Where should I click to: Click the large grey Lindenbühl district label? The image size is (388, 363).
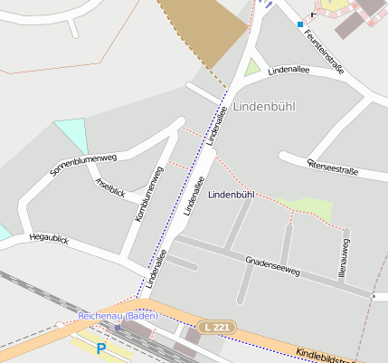pyautogui.click(x=264, y=107)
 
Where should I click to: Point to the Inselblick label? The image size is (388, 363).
pyautogui.click(x=109, y=187)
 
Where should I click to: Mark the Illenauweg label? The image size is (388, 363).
pyautogui.click(x=345, y=256)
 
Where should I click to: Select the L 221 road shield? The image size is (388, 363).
pyautogui.click(x=214, y=326)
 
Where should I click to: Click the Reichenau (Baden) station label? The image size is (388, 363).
pyautogui.click(x=118, y=316)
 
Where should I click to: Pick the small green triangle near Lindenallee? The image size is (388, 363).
pyautogui.click(x=251, y=68)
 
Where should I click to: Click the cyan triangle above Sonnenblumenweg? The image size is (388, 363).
pyautogui.click(x=73, y=134)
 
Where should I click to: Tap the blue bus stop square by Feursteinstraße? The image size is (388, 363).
pyautogui.click(x=300, y=24)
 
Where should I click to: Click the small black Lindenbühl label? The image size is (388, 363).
pyautogui.click(x=231, y=195)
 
